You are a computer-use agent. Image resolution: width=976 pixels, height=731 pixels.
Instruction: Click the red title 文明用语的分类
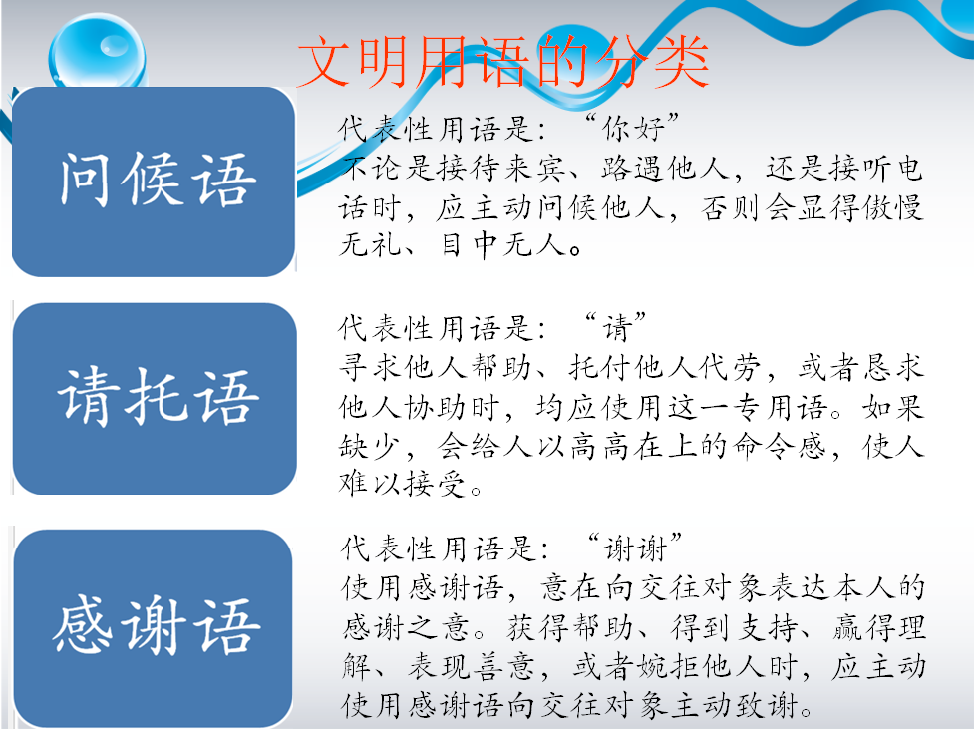click(x=502, y=61)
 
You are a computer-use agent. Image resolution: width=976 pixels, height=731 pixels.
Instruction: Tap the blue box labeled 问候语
click(x=154, y=182)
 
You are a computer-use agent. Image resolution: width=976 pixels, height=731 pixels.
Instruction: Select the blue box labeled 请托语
click(x=155, y=399)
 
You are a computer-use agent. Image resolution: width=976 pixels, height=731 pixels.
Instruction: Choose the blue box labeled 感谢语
click(x=154, y=627)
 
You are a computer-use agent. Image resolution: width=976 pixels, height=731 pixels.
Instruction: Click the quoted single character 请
click(x=617, y=328)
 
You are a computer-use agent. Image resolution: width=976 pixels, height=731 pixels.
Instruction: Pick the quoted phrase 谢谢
click(x=635, y=548)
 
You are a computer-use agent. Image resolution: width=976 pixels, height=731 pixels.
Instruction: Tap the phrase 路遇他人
click(x=665, y=169)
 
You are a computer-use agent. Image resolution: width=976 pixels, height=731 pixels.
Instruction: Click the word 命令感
click(x=781, y=446)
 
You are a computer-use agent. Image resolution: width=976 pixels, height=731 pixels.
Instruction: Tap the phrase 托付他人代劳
click(x=665, y=367)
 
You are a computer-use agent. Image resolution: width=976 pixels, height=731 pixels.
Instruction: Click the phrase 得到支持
click(x=735, y=627)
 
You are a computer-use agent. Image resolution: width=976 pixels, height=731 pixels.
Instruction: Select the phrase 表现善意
click(x=472, y=667)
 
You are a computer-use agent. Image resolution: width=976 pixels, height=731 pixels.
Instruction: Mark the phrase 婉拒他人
click(x=700, y=667)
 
